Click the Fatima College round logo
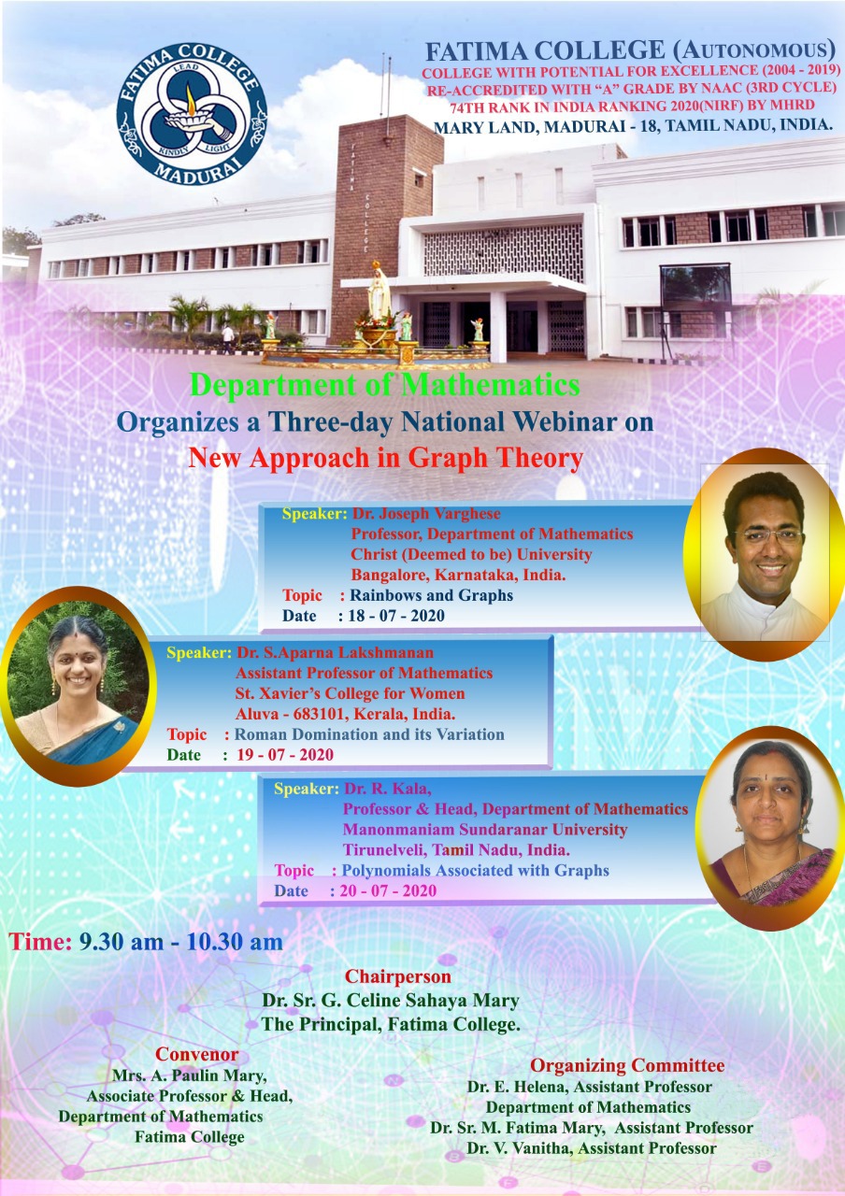pos(192,114)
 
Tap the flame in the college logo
pos(191,100)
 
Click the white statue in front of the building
pos(379,292)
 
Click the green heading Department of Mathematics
pos(384,384)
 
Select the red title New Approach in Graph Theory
pos(386,458)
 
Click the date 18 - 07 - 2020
pos(396,616)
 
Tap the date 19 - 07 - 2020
pos(285,754)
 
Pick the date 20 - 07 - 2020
pos(388,890)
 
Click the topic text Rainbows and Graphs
pos(432,595)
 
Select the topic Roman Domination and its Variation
pos(369,734)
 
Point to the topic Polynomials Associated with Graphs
pos(476,870)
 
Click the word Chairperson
pos(398,976)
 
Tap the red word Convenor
pos(197,1054)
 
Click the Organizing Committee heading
pos(627,1065)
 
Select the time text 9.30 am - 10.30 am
pos(181,941)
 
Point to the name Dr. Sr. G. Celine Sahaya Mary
pos(391,1000)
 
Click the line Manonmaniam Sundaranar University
pos(485,829)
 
